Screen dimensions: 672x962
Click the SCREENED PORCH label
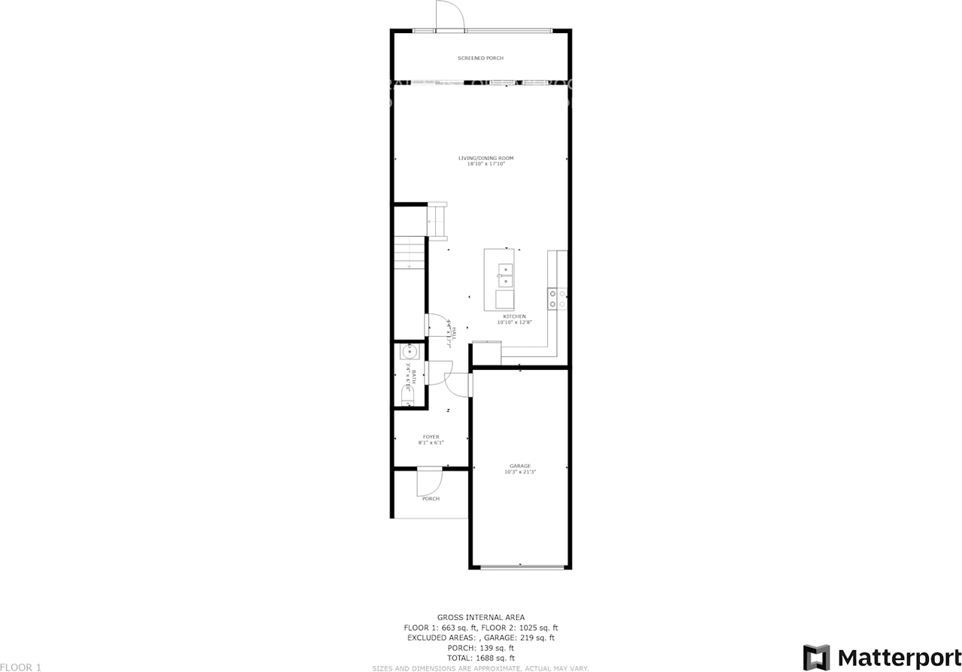(x=480, y=58)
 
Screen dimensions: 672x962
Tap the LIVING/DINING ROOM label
(x=486, y=158)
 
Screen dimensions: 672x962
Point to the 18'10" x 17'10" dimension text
(x=486, y=164)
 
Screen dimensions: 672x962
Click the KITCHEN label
(x=515, y=316)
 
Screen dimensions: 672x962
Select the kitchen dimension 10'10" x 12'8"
(x=515, y=322)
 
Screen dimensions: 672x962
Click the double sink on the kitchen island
(x=504, y=275)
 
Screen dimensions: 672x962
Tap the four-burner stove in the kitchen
(x=557, y=298)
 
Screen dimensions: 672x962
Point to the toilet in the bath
(x=407, y=395)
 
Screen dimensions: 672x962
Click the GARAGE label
(x=520, y=466)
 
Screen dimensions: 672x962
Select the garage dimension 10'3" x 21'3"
(x=520, y=472)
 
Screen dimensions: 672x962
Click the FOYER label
(x=431, y=437)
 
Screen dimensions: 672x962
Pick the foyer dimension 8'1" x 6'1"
(x=431, y=443)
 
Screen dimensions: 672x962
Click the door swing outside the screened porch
(x=448, y=15)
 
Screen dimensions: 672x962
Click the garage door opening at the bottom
(x=520, y=567)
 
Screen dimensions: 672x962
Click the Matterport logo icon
(x=816, y=657)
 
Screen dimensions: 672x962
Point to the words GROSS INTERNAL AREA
(x=481, y=617)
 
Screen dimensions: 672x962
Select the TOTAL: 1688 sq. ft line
(x=481, y=658)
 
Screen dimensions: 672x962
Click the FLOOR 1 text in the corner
(x=21, y=667)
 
